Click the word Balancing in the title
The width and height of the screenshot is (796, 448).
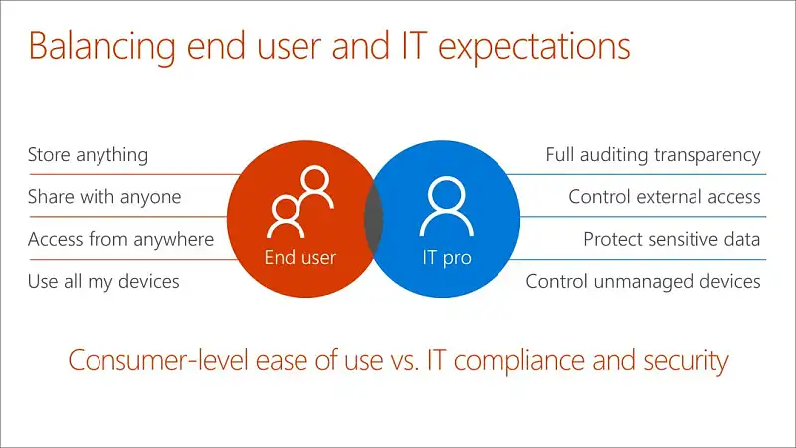[x=102, y=47]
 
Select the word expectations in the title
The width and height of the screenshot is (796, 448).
[x=534, y=47]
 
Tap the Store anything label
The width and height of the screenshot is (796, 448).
[x=88, y=155]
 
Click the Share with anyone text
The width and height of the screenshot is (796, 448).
[x=104, y=197]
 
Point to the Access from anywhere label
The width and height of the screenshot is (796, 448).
[x=120, y=239]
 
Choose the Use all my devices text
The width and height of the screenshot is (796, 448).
[x=103, y=282]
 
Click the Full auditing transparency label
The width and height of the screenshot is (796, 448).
[x=653, y=155]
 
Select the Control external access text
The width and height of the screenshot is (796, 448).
[x=665, y=197]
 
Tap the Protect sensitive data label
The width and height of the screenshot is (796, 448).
[x=672, y=239]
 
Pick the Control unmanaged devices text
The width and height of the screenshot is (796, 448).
[x=643, y=282]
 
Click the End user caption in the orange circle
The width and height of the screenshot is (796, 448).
[x=300, y=258]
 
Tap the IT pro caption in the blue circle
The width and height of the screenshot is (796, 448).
[x=447, y=258]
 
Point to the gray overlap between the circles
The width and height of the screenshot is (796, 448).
[x=374, y=218]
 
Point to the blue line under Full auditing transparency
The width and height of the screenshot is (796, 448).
[x=637, y=175]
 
